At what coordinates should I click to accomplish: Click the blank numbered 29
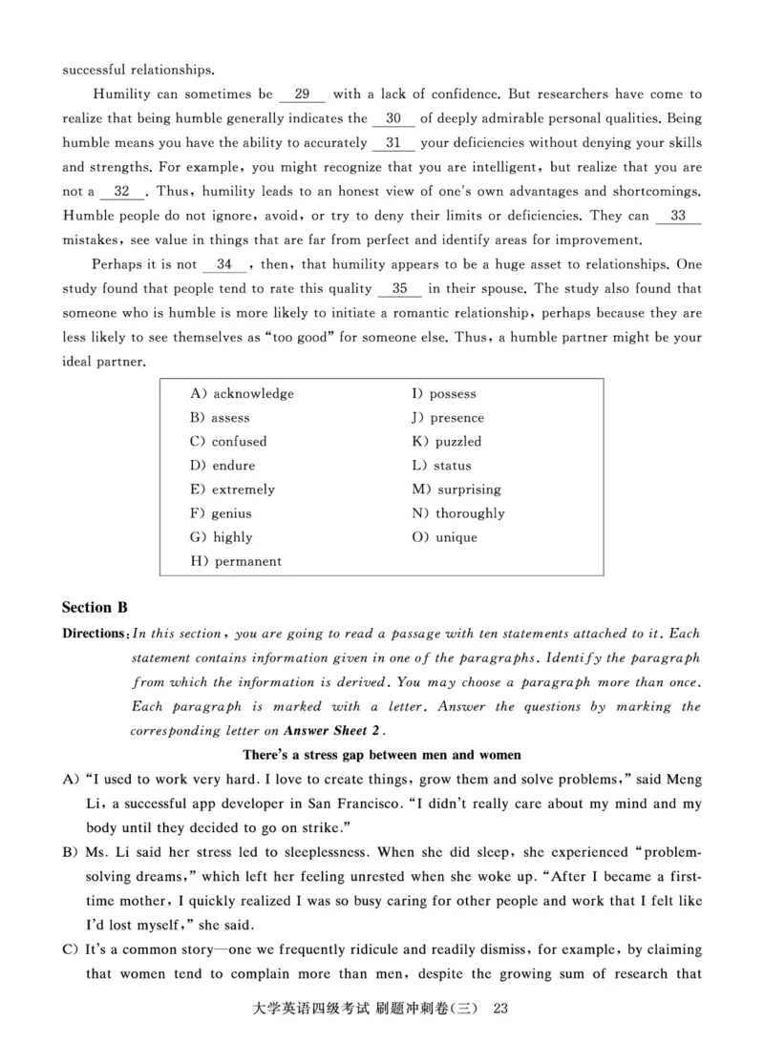[302, 94]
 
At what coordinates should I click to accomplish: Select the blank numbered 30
[393, 119]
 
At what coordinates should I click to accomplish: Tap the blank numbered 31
[392, 143]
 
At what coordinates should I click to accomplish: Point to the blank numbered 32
[121, 191]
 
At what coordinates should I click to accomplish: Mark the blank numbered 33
[678, 216]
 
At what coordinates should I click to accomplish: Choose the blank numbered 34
[224, 264]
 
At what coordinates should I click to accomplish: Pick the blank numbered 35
[400, 288]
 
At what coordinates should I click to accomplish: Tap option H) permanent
[237, 562]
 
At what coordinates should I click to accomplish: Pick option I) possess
[444, 394]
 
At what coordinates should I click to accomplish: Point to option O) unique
[445, 537]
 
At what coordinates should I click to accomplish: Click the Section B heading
[95, 607]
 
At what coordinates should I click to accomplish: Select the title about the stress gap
[381, 756]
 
